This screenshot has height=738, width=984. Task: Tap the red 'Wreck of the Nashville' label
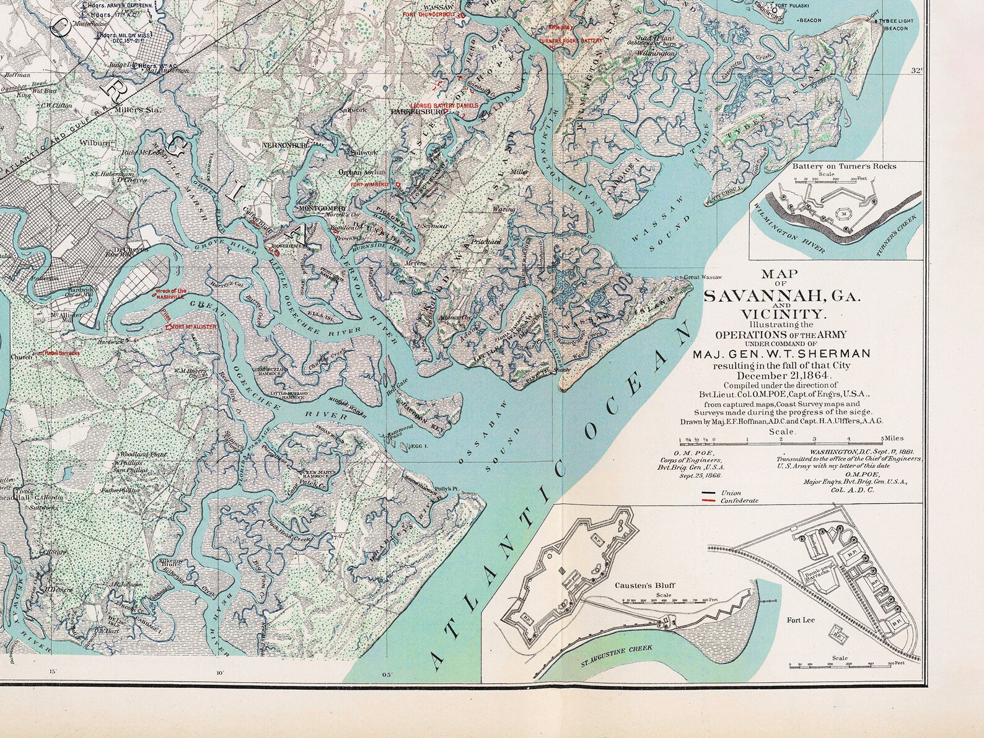coord(170,294)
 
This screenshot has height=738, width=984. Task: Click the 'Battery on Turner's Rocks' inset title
coord(844,166)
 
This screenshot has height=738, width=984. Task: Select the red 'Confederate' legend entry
coord(739,500)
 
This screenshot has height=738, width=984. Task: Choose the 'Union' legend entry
coord(731,493)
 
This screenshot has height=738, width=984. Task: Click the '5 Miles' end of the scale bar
coord(894,437)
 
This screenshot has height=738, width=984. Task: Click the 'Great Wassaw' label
coord(703,277)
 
